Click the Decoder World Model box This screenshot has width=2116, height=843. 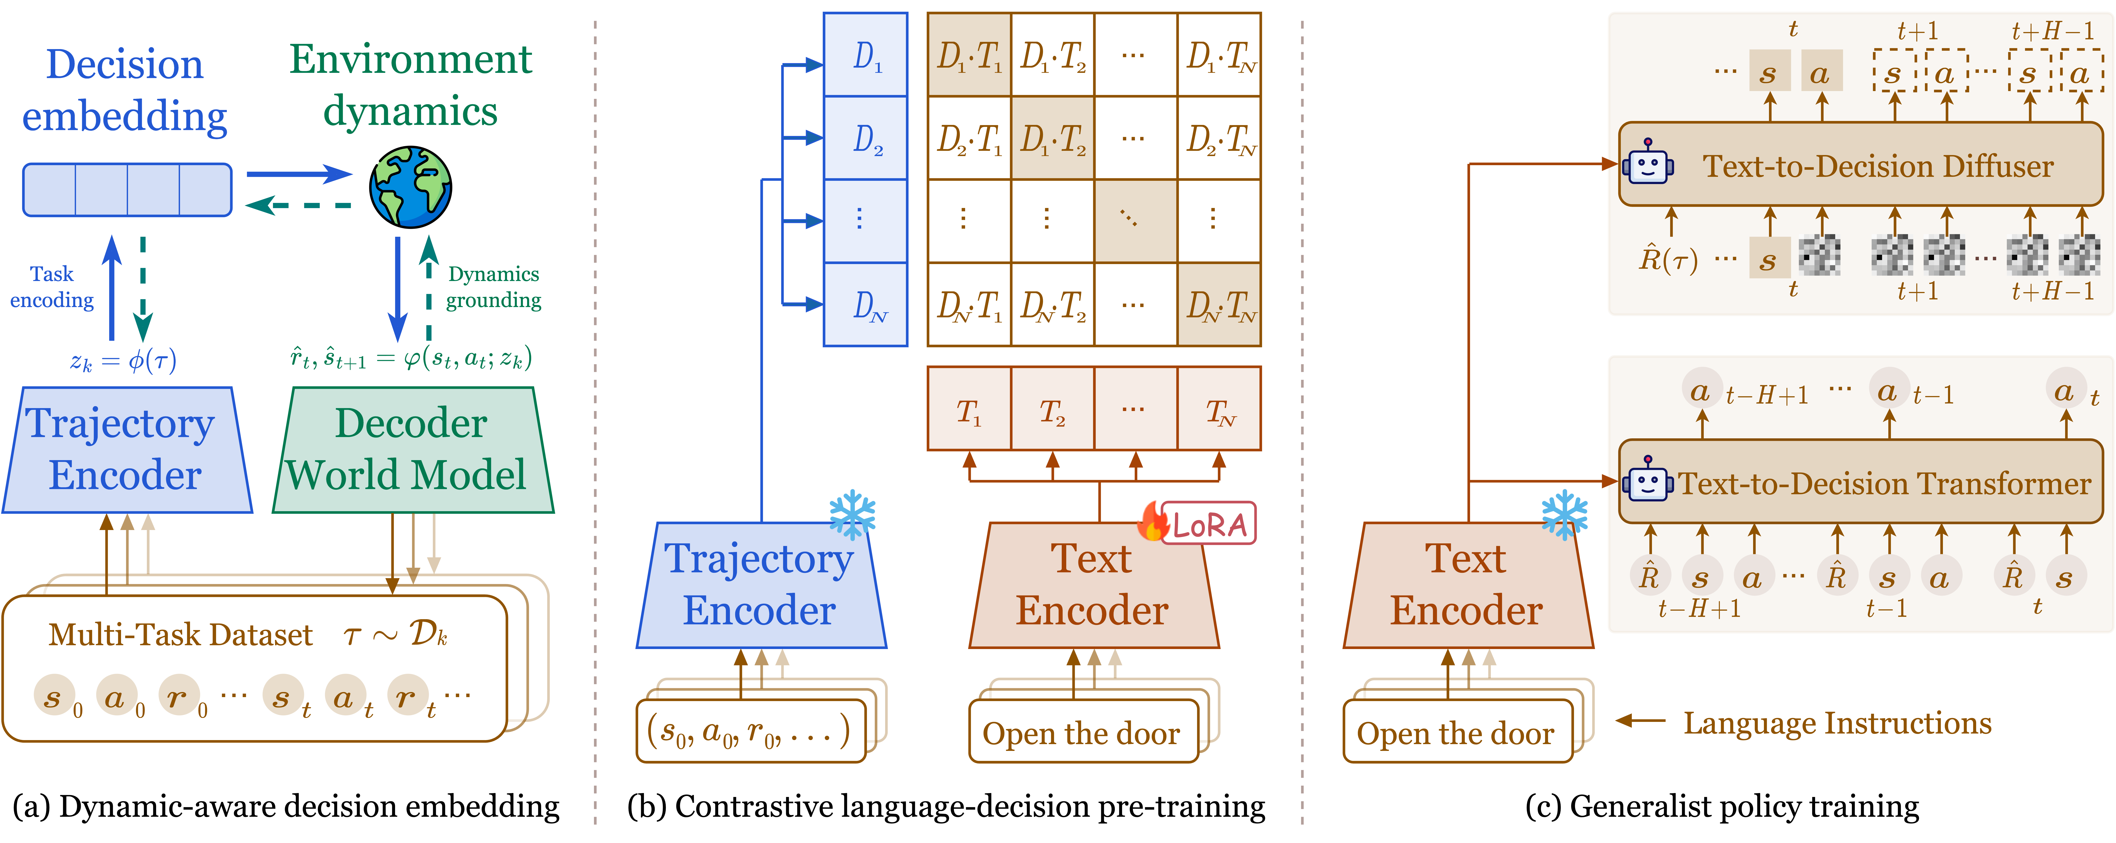(412, 450)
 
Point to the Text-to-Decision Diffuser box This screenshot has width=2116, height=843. (1861, 165)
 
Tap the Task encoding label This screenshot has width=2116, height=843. (52, 287)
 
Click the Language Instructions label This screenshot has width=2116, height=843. (1837, 723)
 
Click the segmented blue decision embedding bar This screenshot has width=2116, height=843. (127, 190)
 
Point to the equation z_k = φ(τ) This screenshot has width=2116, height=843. (123, 361)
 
